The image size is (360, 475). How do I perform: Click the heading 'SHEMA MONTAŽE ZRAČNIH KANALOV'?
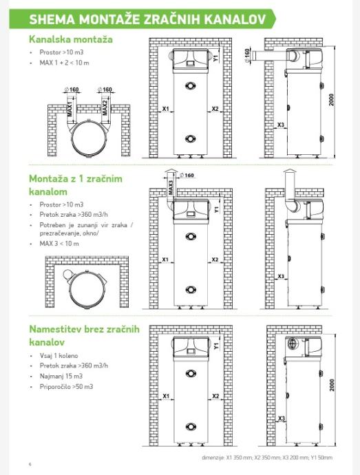click(147, 19)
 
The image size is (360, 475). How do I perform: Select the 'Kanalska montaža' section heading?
click(71, 39)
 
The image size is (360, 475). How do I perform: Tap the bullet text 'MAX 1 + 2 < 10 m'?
click(64, 63)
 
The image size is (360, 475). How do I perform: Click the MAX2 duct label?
click(105, 108)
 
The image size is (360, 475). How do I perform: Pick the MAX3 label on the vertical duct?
click(171, 187)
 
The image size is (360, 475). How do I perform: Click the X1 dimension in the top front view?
click(165, 109)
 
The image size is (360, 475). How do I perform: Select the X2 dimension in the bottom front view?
click(215, 396)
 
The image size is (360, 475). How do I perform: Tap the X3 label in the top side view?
click(281, 125)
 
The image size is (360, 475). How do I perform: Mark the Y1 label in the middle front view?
click(216, 209)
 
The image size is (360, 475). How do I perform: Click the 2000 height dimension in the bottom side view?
click(332, 385)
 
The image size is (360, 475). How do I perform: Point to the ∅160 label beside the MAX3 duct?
click(187, 175)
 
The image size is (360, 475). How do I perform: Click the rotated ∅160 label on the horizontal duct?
click(247, 56)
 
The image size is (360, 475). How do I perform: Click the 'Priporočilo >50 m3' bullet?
click(66, 387)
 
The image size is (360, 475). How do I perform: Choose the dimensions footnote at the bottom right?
click(267, 457)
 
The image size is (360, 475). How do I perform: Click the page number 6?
click(30, 464)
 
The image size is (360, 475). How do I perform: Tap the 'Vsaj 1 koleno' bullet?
click(59, 356)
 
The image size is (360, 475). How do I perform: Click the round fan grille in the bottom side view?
click(293, 344)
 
